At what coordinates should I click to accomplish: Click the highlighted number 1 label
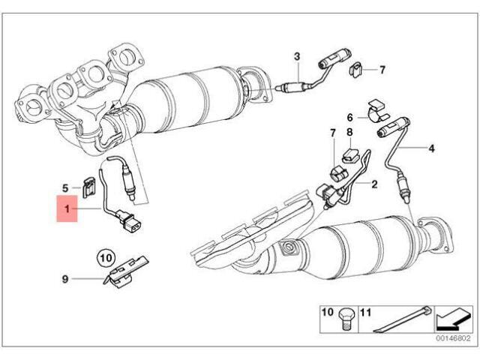point(67,211)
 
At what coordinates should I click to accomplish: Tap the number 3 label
point(296,57)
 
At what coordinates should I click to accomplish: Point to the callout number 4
point(431,148)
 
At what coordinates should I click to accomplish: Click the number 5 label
point(65,188)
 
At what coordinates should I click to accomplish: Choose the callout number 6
point(349,117)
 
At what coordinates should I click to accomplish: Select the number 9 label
point(65,279)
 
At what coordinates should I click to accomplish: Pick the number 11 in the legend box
point(364,310)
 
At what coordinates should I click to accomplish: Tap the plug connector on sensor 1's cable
point(133,223)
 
